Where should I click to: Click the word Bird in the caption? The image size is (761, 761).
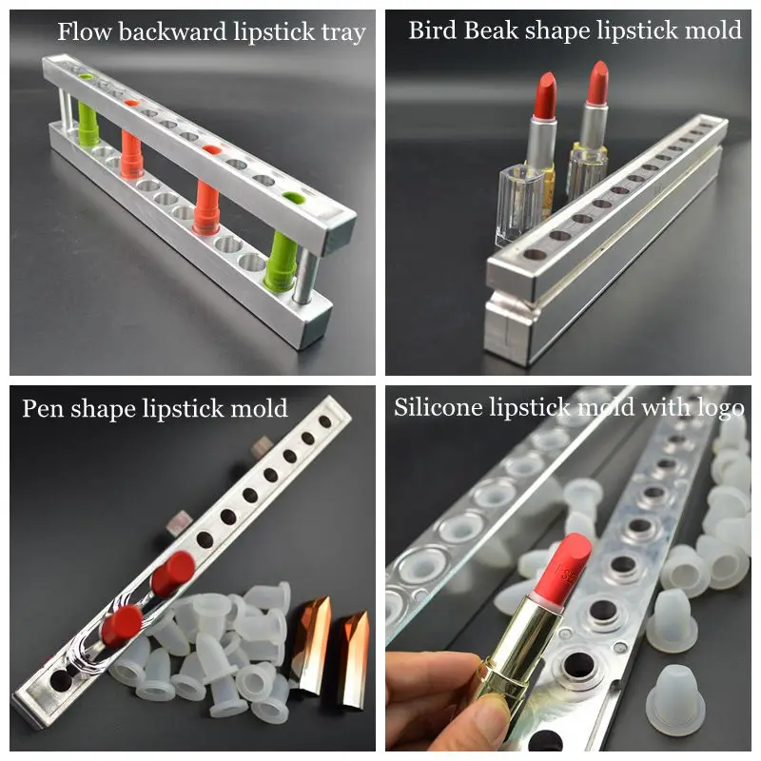tap(431, 30)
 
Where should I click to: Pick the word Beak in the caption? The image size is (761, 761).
tap(488, 30)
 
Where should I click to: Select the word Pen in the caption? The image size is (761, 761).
tap(44, 409)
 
